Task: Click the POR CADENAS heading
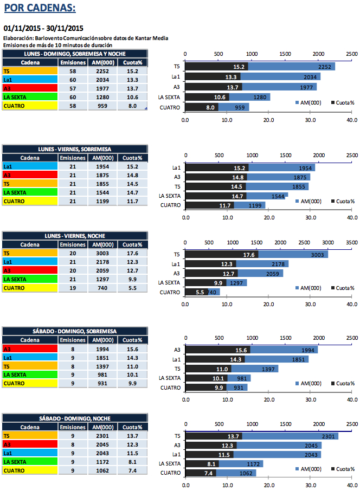(40, 9)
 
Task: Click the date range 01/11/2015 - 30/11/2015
(43, 28)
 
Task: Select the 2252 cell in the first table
(103, 71)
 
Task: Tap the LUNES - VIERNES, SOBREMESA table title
(75, 148)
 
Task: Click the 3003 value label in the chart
(318, 254)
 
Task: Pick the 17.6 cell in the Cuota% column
(132, 253)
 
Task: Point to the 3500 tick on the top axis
(351, 242)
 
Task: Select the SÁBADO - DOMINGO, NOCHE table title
(75, 418)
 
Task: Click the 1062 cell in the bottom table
(103, 470)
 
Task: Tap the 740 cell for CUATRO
(103, 288)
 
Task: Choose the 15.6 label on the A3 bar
(239, 350)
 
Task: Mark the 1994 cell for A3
(103, 348)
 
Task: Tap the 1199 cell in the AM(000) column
(103, 201)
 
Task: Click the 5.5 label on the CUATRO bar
(200, 293)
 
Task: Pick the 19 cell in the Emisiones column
(73, 288)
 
